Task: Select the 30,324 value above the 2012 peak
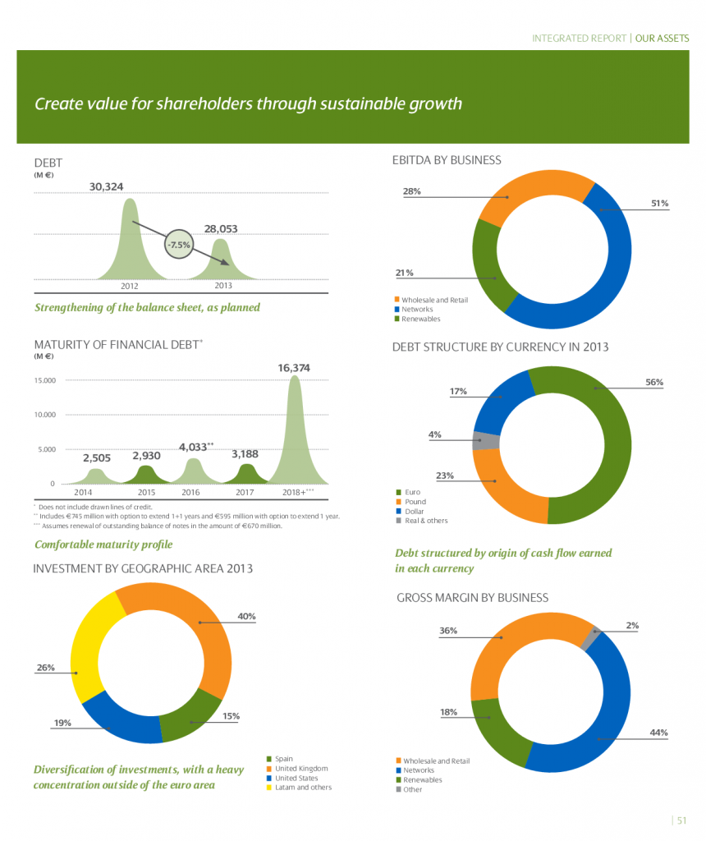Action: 106,186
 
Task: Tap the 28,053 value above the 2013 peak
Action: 221,229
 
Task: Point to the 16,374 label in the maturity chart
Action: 293,369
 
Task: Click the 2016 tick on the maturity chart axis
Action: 190,492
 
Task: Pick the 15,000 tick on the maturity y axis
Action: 45,380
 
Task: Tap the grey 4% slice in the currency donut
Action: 486,440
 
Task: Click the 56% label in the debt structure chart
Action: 654,382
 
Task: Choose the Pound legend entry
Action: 414,501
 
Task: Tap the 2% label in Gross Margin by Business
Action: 632,625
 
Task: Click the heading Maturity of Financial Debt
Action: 117,343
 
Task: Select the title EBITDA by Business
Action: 447,160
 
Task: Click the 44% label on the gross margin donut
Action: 658,732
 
